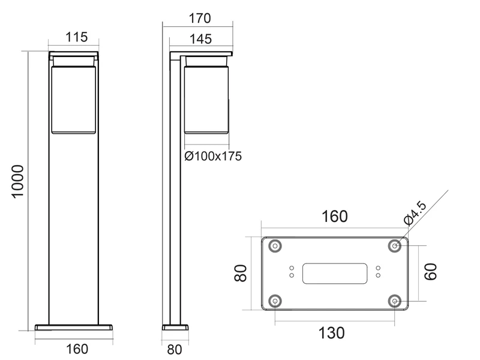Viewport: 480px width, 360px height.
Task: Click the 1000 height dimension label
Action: coord(18,182)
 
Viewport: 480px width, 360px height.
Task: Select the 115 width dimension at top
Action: coord(77,37)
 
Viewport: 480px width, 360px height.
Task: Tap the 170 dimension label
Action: coord(200,18)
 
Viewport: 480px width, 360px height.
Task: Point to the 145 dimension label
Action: coord(200,39)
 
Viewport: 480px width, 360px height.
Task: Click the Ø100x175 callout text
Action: coord(213,156)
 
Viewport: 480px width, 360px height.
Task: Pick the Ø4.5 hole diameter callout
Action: coord(415,213)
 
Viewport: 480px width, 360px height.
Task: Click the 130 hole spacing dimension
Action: coord(332,333)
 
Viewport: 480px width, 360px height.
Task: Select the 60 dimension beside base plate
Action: coord(430,271)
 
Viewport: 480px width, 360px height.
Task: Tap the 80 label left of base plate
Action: coord(241,273)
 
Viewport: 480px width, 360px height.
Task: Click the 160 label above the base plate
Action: coord(335,216)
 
